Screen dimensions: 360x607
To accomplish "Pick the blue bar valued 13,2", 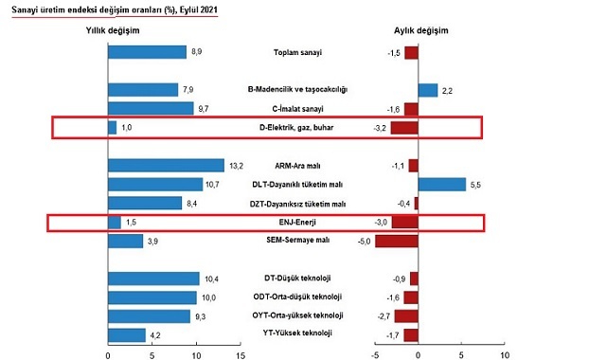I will [x=166, y=165].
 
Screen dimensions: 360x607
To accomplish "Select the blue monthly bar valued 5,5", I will [x=441, y=184].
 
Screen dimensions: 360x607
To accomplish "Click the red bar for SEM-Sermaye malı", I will [x=397, y=241].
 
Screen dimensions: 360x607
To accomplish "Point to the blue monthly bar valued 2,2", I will [x=427, y=90].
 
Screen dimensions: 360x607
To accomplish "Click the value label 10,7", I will [x=216, y=184].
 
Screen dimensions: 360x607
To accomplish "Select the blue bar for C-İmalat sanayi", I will [x=151, y=108].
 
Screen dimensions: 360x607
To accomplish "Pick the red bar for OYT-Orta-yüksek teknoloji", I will [x=406, y=315].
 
